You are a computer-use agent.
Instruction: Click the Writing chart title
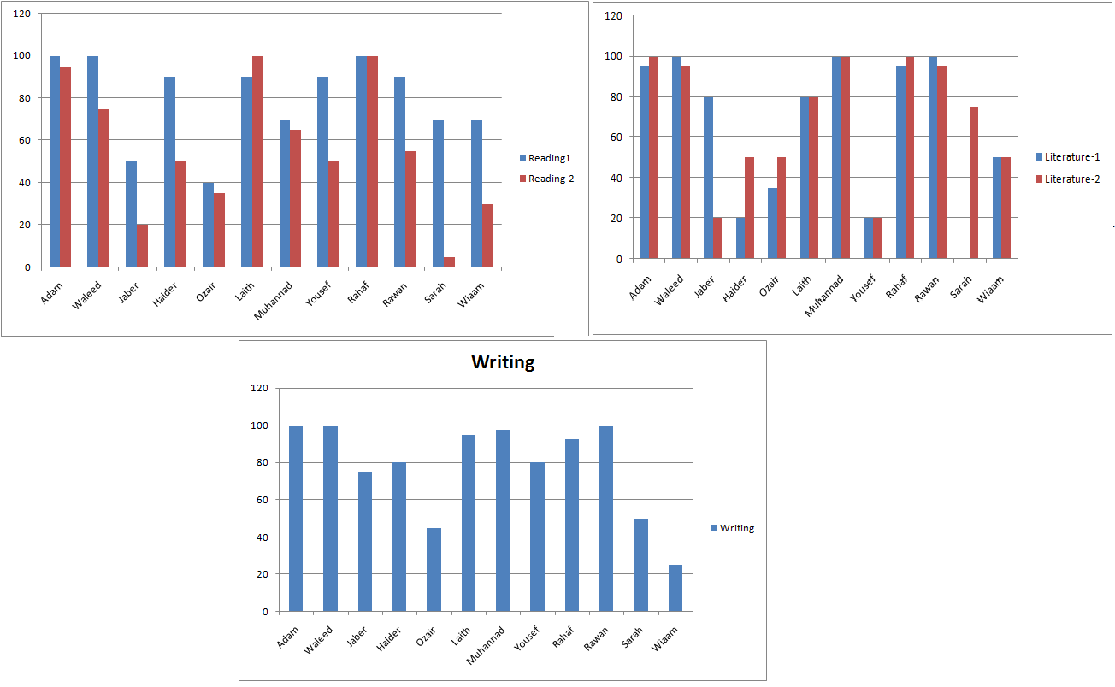click(x=503, y=362)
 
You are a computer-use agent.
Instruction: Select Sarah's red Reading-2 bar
click(x=449, y=261)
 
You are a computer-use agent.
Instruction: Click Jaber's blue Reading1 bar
click(x=131, y=214)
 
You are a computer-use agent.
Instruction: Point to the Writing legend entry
click(x=733, y=528)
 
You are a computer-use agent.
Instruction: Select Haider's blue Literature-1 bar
click(x=740, y=238)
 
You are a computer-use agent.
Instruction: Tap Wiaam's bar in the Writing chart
click(x=675, y=588)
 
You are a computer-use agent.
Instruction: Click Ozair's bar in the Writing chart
click(x=434, y=569)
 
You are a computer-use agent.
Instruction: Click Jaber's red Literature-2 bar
click(x=717, y=238)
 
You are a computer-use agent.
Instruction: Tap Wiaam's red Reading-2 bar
click(x=487, y=235)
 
